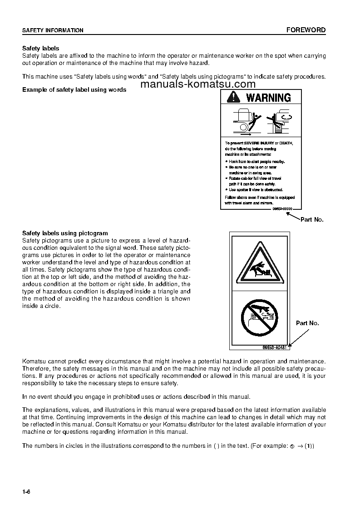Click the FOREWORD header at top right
306,30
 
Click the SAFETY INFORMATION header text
53,30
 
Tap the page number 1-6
26,492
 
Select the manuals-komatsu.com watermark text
198,84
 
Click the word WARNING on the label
268,97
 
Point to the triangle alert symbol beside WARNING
234,97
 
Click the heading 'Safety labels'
41,48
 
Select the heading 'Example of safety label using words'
74,89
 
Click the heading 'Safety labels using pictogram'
65,233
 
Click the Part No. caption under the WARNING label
312,219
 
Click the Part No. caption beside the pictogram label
307,323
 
